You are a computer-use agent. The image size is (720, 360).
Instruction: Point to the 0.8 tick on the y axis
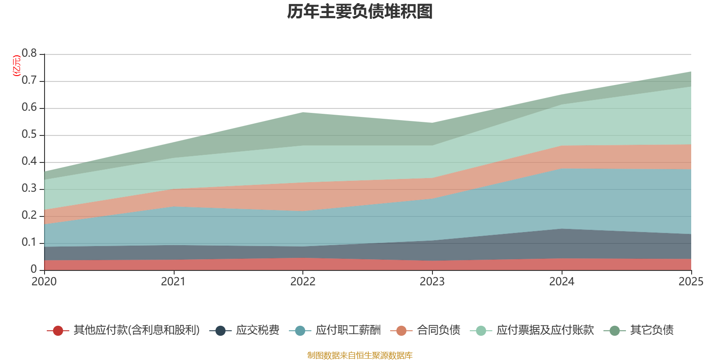click(30, 54)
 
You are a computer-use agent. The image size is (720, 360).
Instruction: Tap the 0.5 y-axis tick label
click(30, 135)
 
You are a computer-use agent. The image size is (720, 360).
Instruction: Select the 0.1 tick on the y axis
click(30, 243)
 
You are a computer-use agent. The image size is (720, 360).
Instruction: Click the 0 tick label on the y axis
click(34, 269)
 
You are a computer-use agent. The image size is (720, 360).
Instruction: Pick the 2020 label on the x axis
click(44, 282)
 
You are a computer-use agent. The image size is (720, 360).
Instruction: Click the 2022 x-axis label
click(303, 282)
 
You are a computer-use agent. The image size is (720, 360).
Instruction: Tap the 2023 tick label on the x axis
click(432, 282)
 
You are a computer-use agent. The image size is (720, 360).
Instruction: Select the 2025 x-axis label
click(690, 282)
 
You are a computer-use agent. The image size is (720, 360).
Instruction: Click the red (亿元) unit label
click(17, 66)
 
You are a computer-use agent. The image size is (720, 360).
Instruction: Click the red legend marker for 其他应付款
click(58, 331)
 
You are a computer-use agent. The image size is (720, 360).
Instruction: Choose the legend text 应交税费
click(257, 330)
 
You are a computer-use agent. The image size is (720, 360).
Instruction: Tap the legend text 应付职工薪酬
click(348, 330)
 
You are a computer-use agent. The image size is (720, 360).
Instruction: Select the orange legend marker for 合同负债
click(401, 331)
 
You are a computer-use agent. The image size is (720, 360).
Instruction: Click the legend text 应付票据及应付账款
click(545, 330)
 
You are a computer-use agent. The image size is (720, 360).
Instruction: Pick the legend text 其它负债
click(652, 330)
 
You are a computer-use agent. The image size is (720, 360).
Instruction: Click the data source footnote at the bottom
click(360, 355)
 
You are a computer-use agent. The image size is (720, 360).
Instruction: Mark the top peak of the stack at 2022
click(303, 112)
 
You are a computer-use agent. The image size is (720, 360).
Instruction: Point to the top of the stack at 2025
click(691, 72)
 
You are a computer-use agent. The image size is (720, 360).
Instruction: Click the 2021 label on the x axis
click(173, 282)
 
